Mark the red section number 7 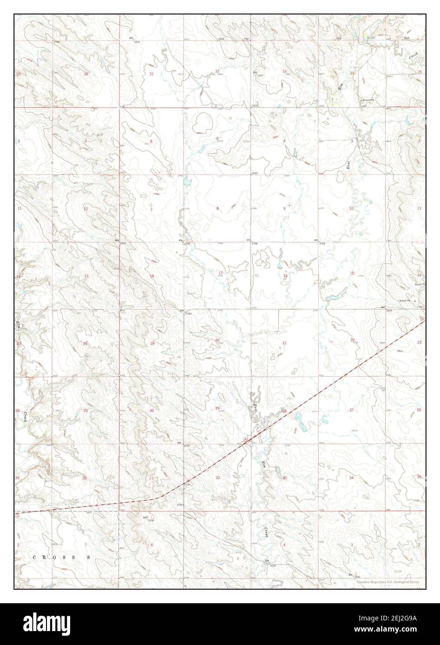coord(151,210)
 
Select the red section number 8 coord(217,209)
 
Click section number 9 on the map coord(284,209)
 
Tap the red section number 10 coord(351,209)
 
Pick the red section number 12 coord(85,209)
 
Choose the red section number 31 coord(151,74)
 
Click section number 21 coord(284,343)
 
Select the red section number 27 coord(352,410)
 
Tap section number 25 coord(85,411)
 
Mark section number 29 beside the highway coord(217,408)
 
